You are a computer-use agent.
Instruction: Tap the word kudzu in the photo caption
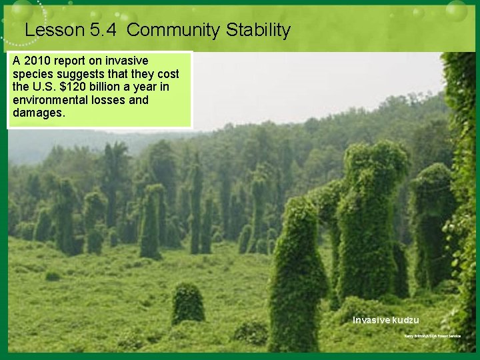point(405,320)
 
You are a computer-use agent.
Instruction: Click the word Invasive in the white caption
point(371,320)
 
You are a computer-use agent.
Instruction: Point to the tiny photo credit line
point(432,336)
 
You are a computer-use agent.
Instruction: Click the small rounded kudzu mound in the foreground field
point(187,304)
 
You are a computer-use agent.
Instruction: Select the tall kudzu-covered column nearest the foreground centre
point(297,273)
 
